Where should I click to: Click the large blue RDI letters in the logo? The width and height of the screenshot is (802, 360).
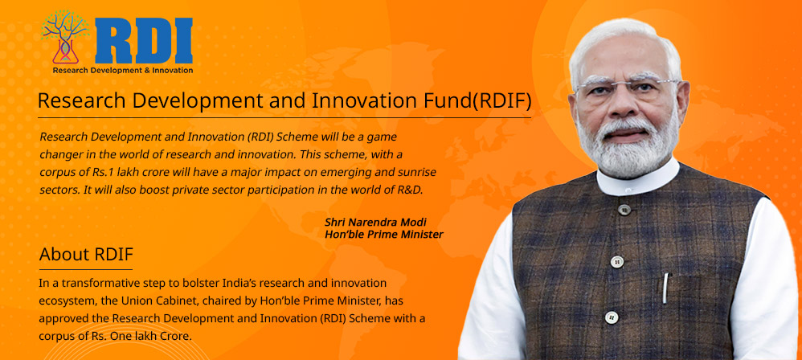(x=143, y=40)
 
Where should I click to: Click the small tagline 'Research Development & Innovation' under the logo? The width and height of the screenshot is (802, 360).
(x=122, y=71)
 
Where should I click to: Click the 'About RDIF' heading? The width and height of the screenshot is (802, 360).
(x=86, y=255)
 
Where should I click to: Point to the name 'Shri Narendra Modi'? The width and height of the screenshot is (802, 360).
(x=375, y=222)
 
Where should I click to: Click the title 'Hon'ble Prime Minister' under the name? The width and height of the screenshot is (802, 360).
(x=383, y=235)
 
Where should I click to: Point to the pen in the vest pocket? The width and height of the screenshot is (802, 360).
(x=665, y=288)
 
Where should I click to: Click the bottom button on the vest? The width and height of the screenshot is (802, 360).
(x=611, y=317)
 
